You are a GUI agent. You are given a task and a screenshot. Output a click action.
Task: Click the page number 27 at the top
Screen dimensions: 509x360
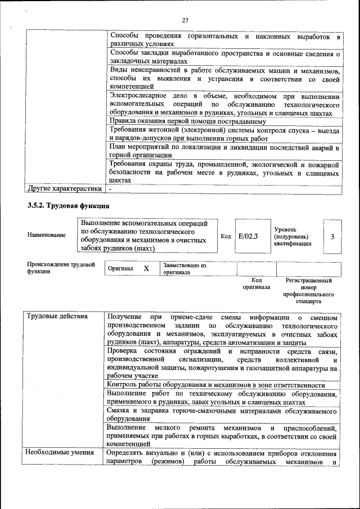pyautogui.click(x=184, y=21)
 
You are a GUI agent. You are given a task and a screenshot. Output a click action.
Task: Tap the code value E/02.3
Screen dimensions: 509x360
pyautogui.click(x=247, y=236)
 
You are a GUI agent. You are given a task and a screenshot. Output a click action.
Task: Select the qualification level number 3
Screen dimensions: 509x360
pyautogui.click(x=332, y=236)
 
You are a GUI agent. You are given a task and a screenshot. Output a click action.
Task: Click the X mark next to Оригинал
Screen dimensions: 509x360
pyautogui.click(x=146, y=269)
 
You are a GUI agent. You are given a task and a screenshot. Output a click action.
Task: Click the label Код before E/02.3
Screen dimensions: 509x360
pyautogui.click(x=226, y=236)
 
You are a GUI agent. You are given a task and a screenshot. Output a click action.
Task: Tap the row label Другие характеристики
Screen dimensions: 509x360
pyautogui.click(x=65, y=189)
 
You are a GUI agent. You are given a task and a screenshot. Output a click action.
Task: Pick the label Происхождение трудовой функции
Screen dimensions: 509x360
pyautogui.click(x=61, y=268)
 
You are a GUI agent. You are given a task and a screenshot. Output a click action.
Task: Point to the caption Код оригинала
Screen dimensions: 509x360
pyautogui.click(x=256, y=283)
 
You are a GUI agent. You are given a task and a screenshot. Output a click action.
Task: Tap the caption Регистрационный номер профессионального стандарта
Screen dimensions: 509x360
pyautogui.click(x=308, y=290)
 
